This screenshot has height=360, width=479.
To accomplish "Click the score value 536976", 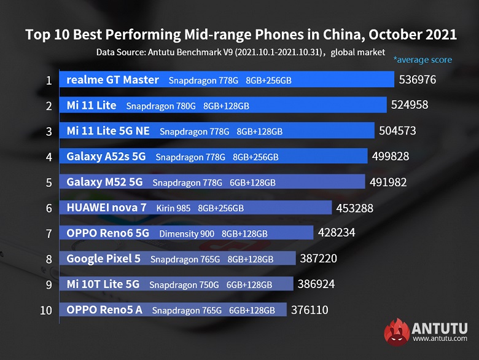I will [417, 80].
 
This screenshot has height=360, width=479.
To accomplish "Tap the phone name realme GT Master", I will [112, 80].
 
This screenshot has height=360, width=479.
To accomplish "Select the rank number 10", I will [46, 310].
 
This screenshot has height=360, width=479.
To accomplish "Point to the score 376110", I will [309, 310].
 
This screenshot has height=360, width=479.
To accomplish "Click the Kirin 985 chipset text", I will [174, 208].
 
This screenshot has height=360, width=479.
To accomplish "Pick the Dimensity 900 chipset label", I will [187, 233].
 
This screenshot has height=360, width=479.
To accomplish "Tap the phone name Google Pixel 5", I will [103, 259].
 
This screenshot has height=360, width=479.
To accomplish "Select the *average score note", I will [423, 60].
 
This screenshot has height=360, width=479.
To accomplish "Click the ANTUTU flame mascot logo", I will [396, 332].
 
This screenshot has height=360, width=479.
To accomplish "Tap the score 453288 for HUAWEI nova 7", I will [354, 208].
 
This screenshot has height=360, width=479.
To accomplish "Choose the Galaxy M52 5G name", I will [104, 182].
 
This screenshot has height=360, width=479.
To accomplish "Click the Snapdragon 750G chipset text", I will [184, 284].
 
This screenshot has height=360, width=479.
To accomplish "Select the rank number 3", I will [48, 131].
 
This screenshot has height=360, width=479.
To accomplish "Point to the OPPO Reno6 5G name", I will [107, 233].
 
